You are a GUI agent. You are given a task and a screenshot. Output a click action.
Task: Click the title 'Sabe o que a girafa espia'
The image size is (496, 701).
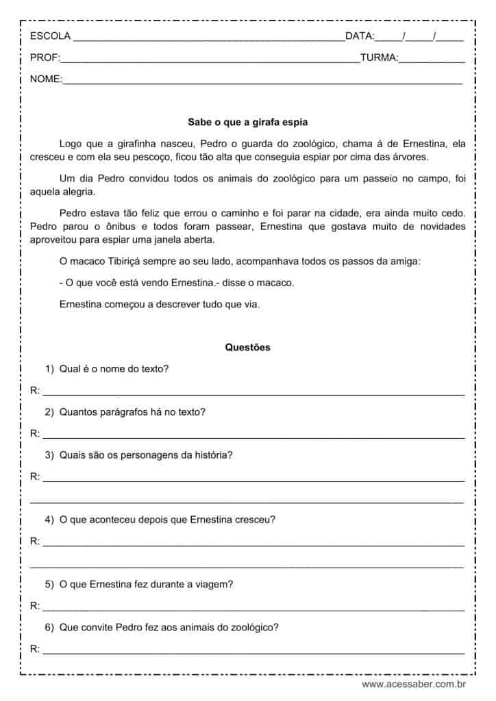(247, 123)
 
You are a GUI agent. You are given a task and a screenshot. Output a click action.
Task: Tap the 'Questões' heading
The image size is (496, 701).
(247, 347)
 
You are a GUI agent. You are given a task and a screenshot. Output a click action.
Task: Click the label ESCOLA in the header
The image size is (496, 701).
(50, 36)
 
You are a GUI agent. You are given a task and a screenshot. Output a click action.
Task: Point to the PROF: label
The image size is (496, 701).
(45, 58)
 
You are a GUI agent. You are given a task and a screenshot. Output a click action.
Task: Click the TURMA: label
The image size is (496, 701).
(378, 58)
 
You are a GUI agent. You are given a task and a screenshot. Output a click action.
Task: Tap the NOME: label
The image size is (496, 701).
(46, 79)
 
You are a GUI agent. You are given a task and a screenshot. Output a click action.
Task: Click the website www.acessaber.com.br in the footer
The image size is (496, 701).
(414, 683)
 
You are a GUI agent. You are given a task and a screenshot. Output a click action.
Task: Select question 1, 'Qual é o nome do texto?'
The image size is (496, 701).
(114, 369)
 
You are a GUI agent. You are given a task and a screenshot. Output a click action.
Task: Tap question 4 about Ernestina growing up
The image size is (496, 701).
(167, 520)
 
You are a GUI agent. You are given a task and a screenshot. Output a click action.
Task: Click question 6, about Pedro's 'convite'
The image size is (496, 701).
(169, 627)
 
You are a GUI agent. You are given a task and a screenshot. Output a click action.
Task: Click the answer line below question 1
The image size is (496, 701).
(253, 394)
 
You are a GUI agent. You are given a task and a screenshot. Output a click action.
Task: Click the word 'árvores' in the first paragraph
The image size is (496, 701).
(409, 157)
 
